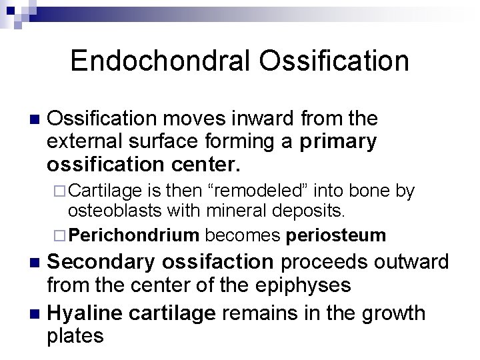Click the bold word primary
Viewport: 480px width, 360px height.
point(339,142)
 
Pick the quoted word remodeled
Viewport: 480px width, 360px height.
point(254,192)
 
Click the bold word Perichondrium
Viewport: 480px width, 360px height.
point(135,235)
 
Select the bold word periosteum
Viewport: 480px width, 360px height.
point(336,235)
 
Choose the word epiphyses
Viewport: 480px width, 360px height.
point(311,286)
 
